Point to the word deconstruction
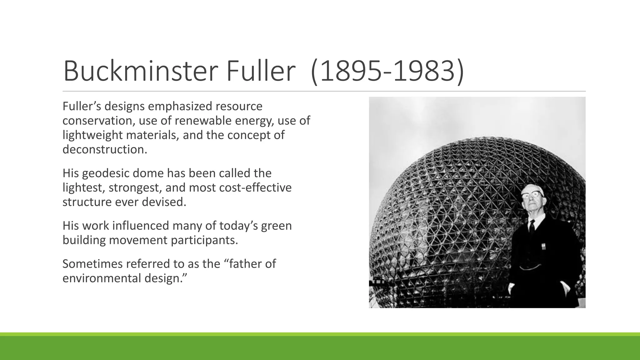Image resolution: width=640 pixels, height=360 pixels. (x=105, y=149)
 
